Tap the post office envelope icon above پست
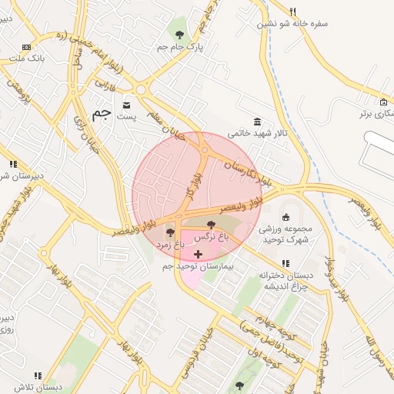(x=126, y=104)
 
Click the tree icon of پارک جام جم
(x=180, y=34)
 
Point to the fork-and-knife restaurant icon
(x=292, y=12)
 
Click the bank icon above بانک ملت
(x=27, y=48)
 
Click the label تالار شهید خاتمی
(x=261, y=133)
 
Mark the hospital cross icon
(x=199, y=254)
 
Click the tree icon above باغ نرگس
(x=212, y=225)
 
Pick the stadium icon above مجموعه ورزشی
(x=285, y=216)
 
